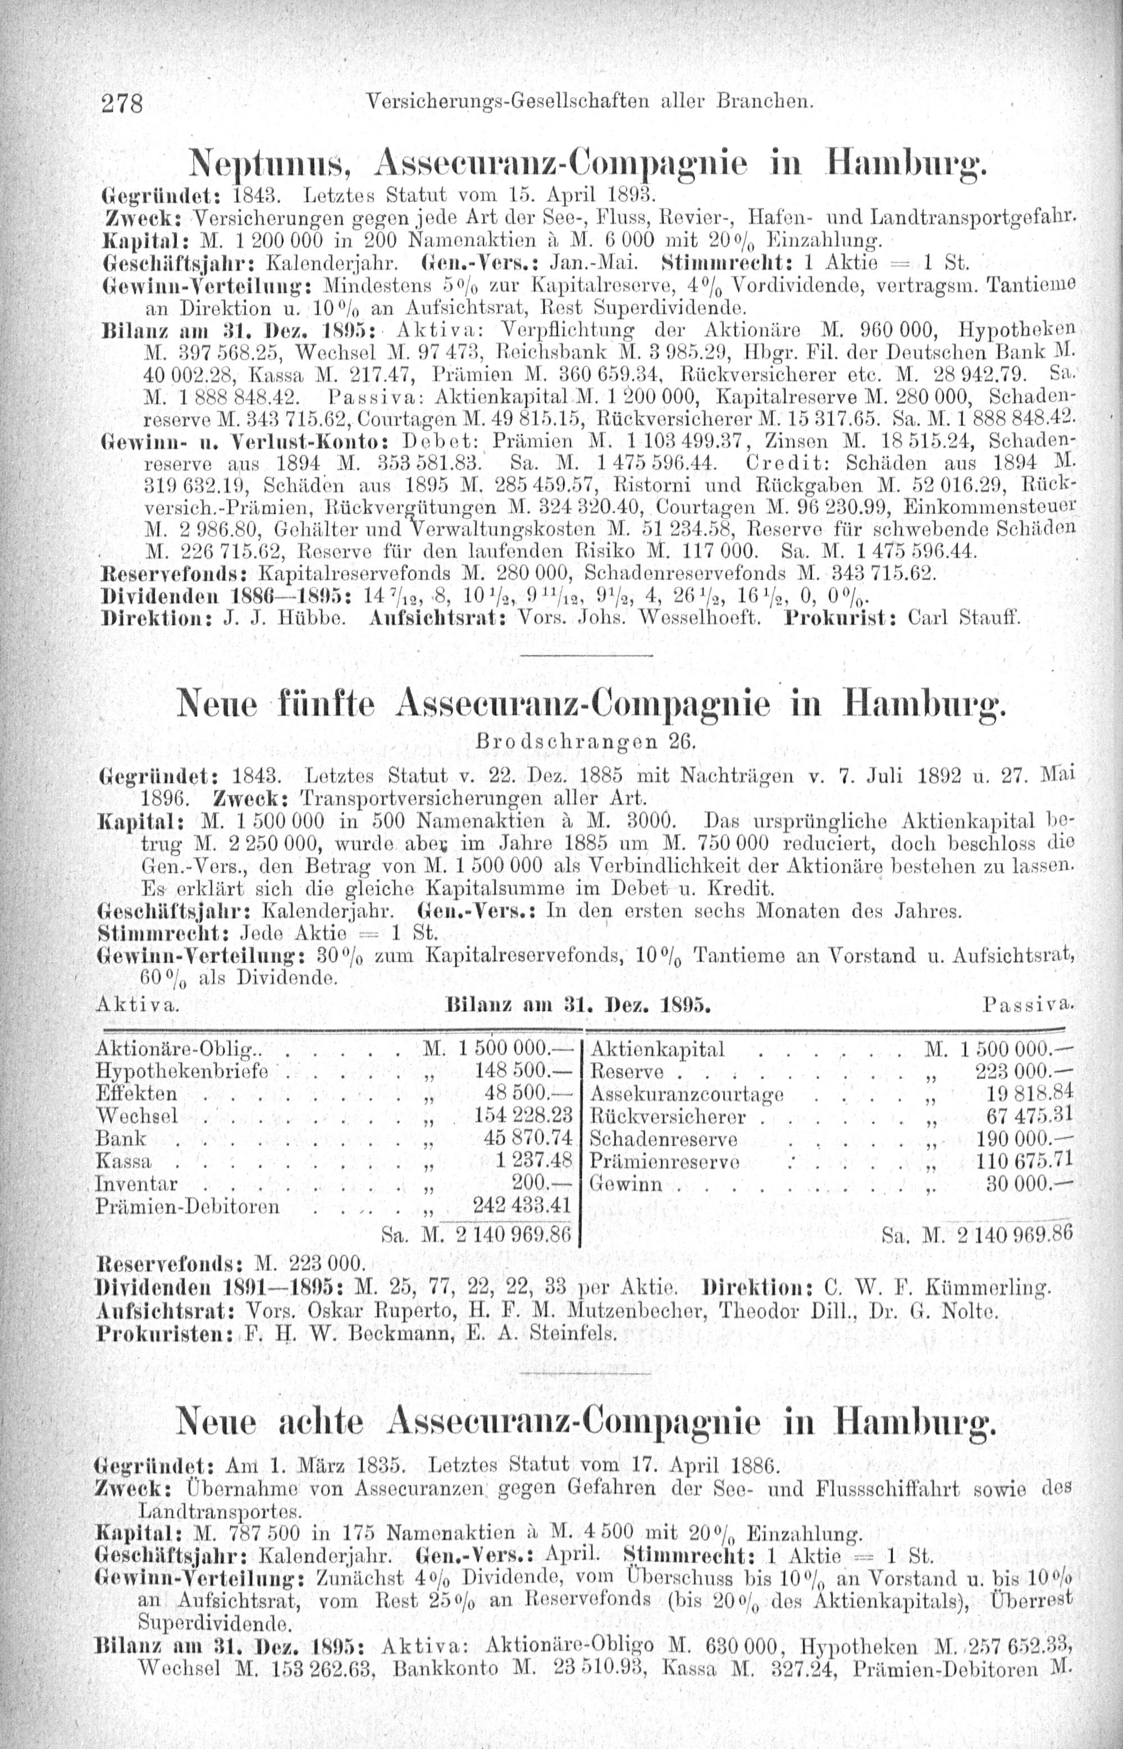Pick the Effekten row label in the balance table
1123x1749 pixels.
click(x=136, y=1094)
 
